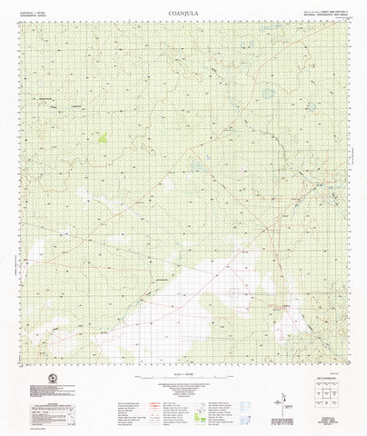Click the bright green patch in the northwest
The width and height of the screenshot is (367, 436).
(102, 140)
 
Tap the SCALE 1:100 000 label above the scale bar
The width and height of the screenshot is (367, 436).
(183, 374)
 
